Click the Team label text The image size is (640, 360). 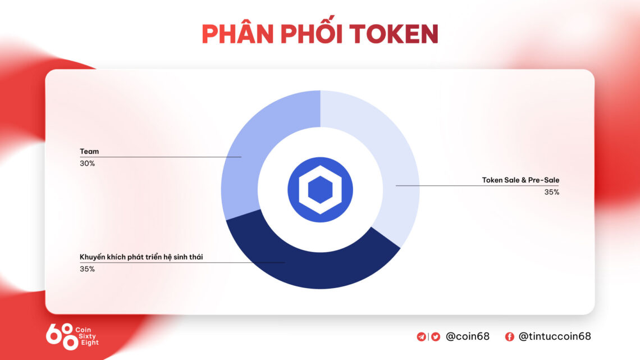point(89,152)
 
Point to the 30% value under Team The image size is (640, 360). point(87,163)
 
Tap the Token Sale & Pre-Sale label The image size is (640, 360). point(520,180)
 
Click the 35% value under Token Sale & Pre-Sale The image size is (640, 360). point(551,192)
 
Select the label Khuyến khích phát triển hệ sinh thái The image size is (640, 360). point(141,257)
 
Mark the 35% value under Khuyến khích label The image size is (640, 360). point(87,269)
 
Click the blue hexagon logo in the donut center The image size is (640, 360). point(320,190)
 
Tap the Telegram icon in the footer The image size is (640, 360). point(421,337)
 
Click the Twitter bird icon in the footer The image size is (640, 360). point(436,337)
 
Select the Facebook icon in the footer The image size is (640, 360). point(510,337)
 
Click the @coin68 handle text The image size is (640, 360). point(467,336)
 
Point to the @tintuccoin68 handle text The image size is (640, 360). point(554,336)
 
